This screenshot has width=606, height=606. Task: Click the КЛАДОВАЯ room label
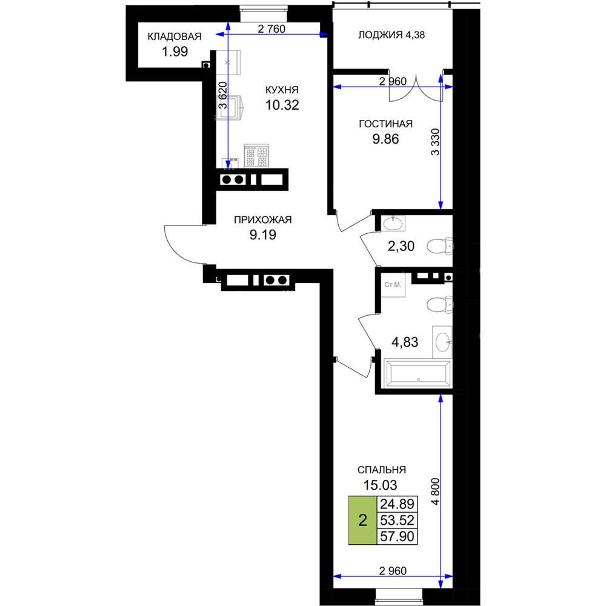(x=175, y=36)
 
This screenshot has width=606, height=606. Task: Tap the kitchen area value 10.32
(x=282, y=105)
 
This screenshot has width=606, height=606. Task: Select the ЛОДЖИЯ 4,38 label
(x=391, y=35)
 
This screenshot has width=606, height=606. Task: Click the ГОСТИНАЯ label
(x=385, y=124)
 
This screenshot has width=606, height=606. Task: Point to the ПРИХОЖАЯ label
(x=263, y=219)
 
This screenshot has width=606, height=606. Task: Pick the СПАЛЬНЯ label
(x=381, y=470)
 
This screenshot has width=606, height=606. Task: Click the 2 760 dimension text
(x=271, y=28)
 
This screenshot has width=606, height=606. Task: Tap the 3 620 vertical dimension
(x=223, y=95)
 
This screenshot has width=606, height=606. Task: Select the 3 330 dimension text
(x=436, y=142)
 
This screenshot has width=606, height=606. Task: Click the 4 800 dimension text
(x=436, y=491)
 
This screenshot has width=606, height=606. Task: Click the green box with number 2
(x=362, y=520)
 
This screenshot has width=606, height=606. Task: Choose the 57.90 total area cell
(x=398, y=536)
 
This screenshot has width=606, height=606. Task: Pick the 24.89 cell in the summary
(x=398, y=504)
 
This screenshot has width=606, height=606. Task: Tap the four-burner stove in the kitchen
(x=256, y=156)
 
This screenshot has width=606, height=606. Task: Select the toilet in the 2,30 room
(x=439, y=246)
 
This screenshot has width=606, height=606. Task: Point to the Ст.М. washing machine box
(x=393, y=285)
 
